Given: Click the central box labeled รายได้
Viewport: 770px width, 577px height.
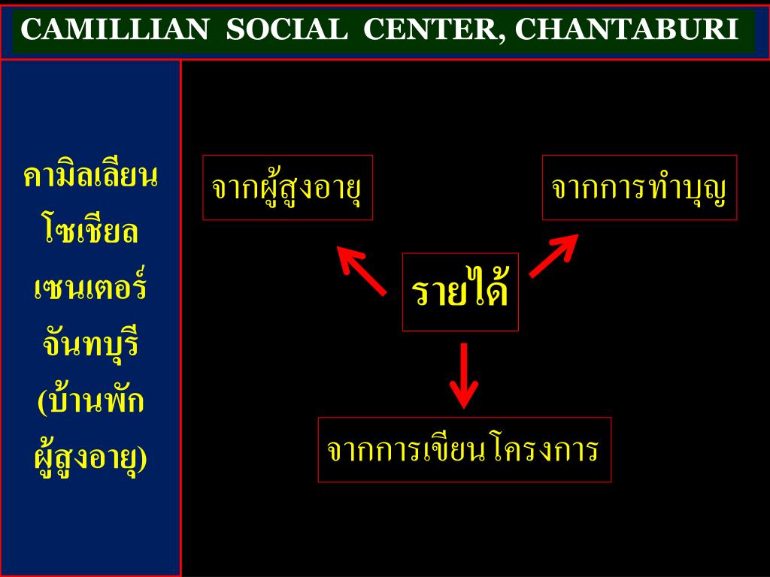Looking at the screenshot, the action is [460, 292].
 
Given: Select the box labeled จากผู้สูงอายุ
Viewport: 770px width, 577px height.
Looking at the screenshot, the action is [287, 188].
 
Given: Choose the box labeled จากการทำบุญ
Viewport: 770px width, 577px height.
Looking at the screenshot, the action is [639, 188].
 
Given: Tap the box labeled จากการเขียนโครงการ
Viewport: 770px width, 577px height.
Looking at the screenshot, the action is [464, 449].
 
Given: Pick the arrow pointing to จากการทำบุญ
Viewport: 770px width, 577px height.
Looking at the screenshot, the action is [553, 255].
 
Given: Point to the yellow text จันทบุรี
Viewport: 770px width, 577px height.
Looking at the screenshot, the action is [90, 346].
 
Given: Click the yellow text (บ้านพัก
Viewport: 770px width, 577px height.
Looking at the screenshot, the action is [90, 402].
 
